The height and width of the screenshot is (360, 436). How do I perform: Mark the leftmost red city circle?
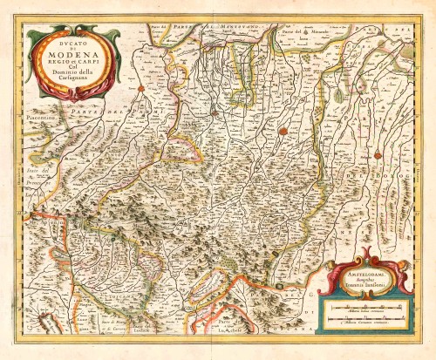(140, 88)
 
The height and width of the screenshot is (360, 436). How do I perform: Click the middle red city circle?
(283, 132)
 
